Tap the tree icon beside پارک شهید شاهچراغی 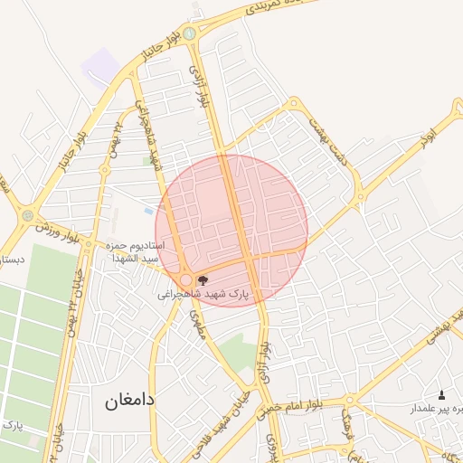(202, 280)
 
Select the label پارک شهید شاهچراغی (203, 295)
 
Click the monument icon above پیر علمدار (441, 394)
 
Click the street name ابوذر (426, 136)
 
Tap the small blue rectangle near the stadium (148, 211)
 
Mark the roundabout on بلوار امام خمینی (349, 401)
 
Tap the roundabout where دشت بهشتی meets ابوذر (360, 194)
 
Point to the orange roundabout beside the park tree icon (186, 280)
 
